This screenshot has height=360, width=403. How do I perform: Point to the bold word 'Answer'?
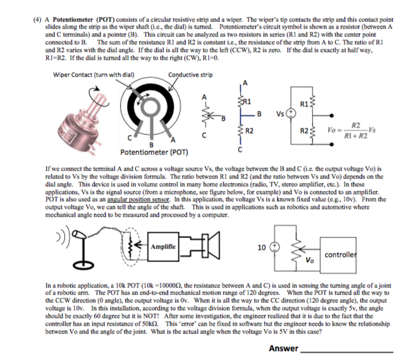[x=282, y=349]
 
